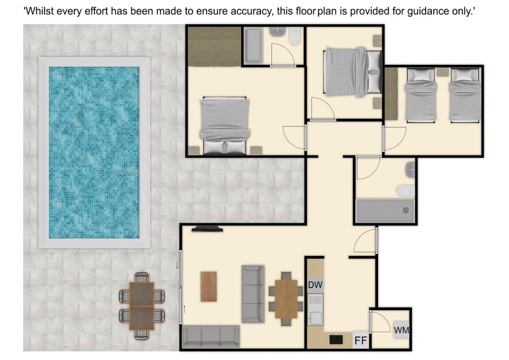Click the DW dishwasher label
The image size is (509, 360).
coord(315,285)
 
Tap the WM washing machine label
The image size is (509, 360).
coord(401,330)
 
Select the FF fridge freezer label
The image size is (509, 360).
coord(361,340)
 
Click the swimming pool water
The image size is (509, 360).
coord(94,152)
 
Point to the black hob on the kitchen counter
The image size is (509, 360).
coord(336,339)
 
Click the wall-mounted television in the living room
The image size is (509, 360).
coord(207,229)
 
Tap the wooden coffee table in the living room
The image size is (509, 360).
coord(208,287)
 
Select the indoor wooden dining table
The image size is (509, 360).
coord(286,298)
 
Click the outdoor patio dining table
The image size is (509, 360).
coord(142,306)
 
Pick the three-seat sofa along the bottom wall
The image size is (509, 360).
coord(210,337)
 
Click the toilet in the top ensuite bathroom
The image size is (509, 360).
coord(295,36)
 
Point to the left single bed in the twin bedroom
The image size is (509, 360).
coord(420,95)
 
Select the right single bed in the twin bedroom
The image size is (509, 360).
coord(465,95)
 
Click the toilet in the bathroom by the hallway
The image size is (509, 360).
coord(406,190)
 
